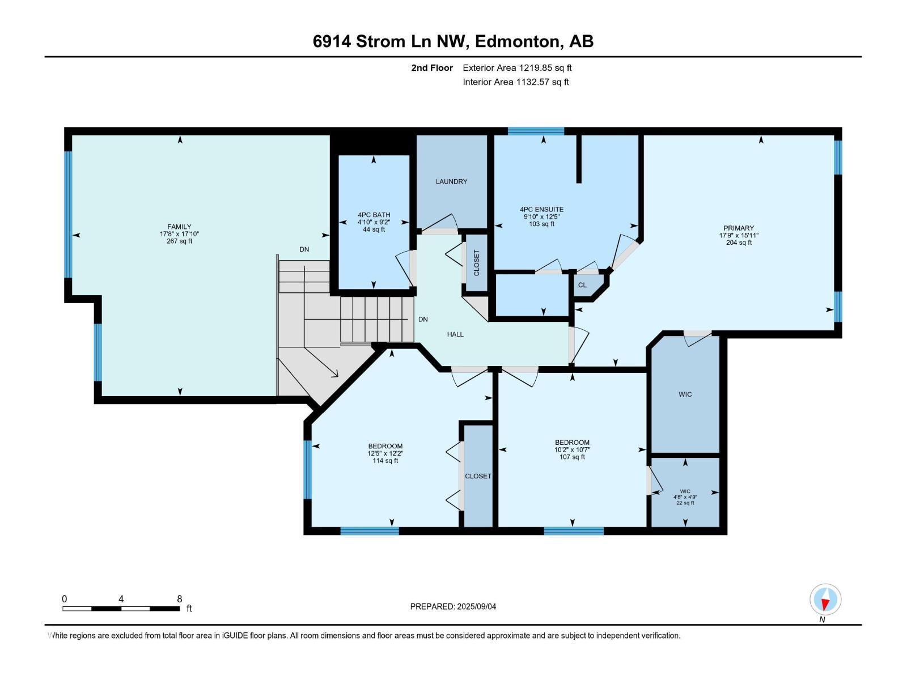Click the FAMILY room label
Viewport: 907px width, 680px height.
coord(179,227)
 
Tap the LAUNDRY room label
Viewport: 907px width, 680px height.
coord(451,181)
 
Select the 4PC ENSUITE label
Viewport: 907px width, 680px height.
coord(541,209)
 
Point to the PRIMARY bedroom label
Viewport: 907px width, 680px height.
coord(739,228)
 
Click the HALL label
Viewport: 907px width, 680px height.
coord(455,334)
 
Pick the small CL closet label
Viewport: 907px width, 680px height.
coord(582,285)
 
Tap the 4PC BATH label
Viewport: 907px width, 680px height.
coord(374,215)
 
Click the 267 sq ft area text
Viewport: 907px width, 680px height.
coord(179,241)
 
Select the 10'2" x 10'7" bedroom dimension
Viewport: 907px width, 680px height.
coord(572,449)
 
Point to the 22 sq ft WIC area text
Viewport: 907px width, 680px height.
coord(685,503)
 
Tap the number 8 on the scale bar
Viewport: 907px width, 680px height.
coord(179,598)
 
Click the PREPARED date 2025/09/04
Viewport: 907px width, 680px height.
coord(476,606)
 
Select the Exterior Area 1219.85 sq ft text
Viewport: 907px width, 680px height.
coord(517,67)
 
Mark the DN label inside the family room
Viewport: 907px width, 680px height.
coord(304,249)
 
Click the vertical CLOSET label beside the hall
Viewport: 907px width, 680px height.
coord(476,262)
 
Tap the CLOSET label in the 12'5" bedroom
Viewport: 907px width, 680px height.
coord(478,476)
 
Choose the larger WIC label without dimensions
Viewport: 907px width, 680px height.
coord(685,394)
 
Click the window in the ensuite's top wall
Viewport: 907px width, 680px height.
coord(536,131)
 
